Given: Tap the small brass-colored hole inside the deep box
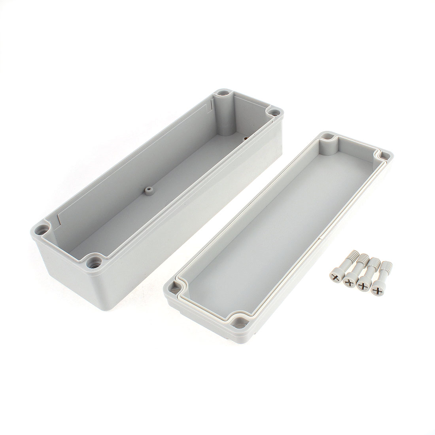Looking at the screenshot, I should (245, 138).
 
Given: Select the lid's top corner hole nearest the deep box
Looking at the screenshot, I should (327, 137).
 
